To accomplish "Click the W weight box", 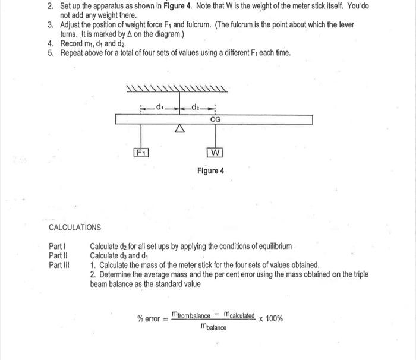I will coord(215,153).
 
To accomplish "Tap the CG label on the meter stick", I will coord(215,120).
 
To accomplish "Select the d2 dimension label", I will coord(196,108).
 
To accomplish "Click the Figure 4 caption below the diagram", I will coord(211,171).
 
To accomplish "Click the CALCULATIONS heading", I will coord(75,228).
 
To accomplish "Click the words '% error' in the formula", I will coord(149,319).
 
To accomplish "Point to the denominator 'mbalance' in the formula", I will coord(213,327).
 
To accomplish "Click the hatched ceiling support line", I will coord(177,91).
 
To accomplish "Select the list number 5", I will coord(51,53).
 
